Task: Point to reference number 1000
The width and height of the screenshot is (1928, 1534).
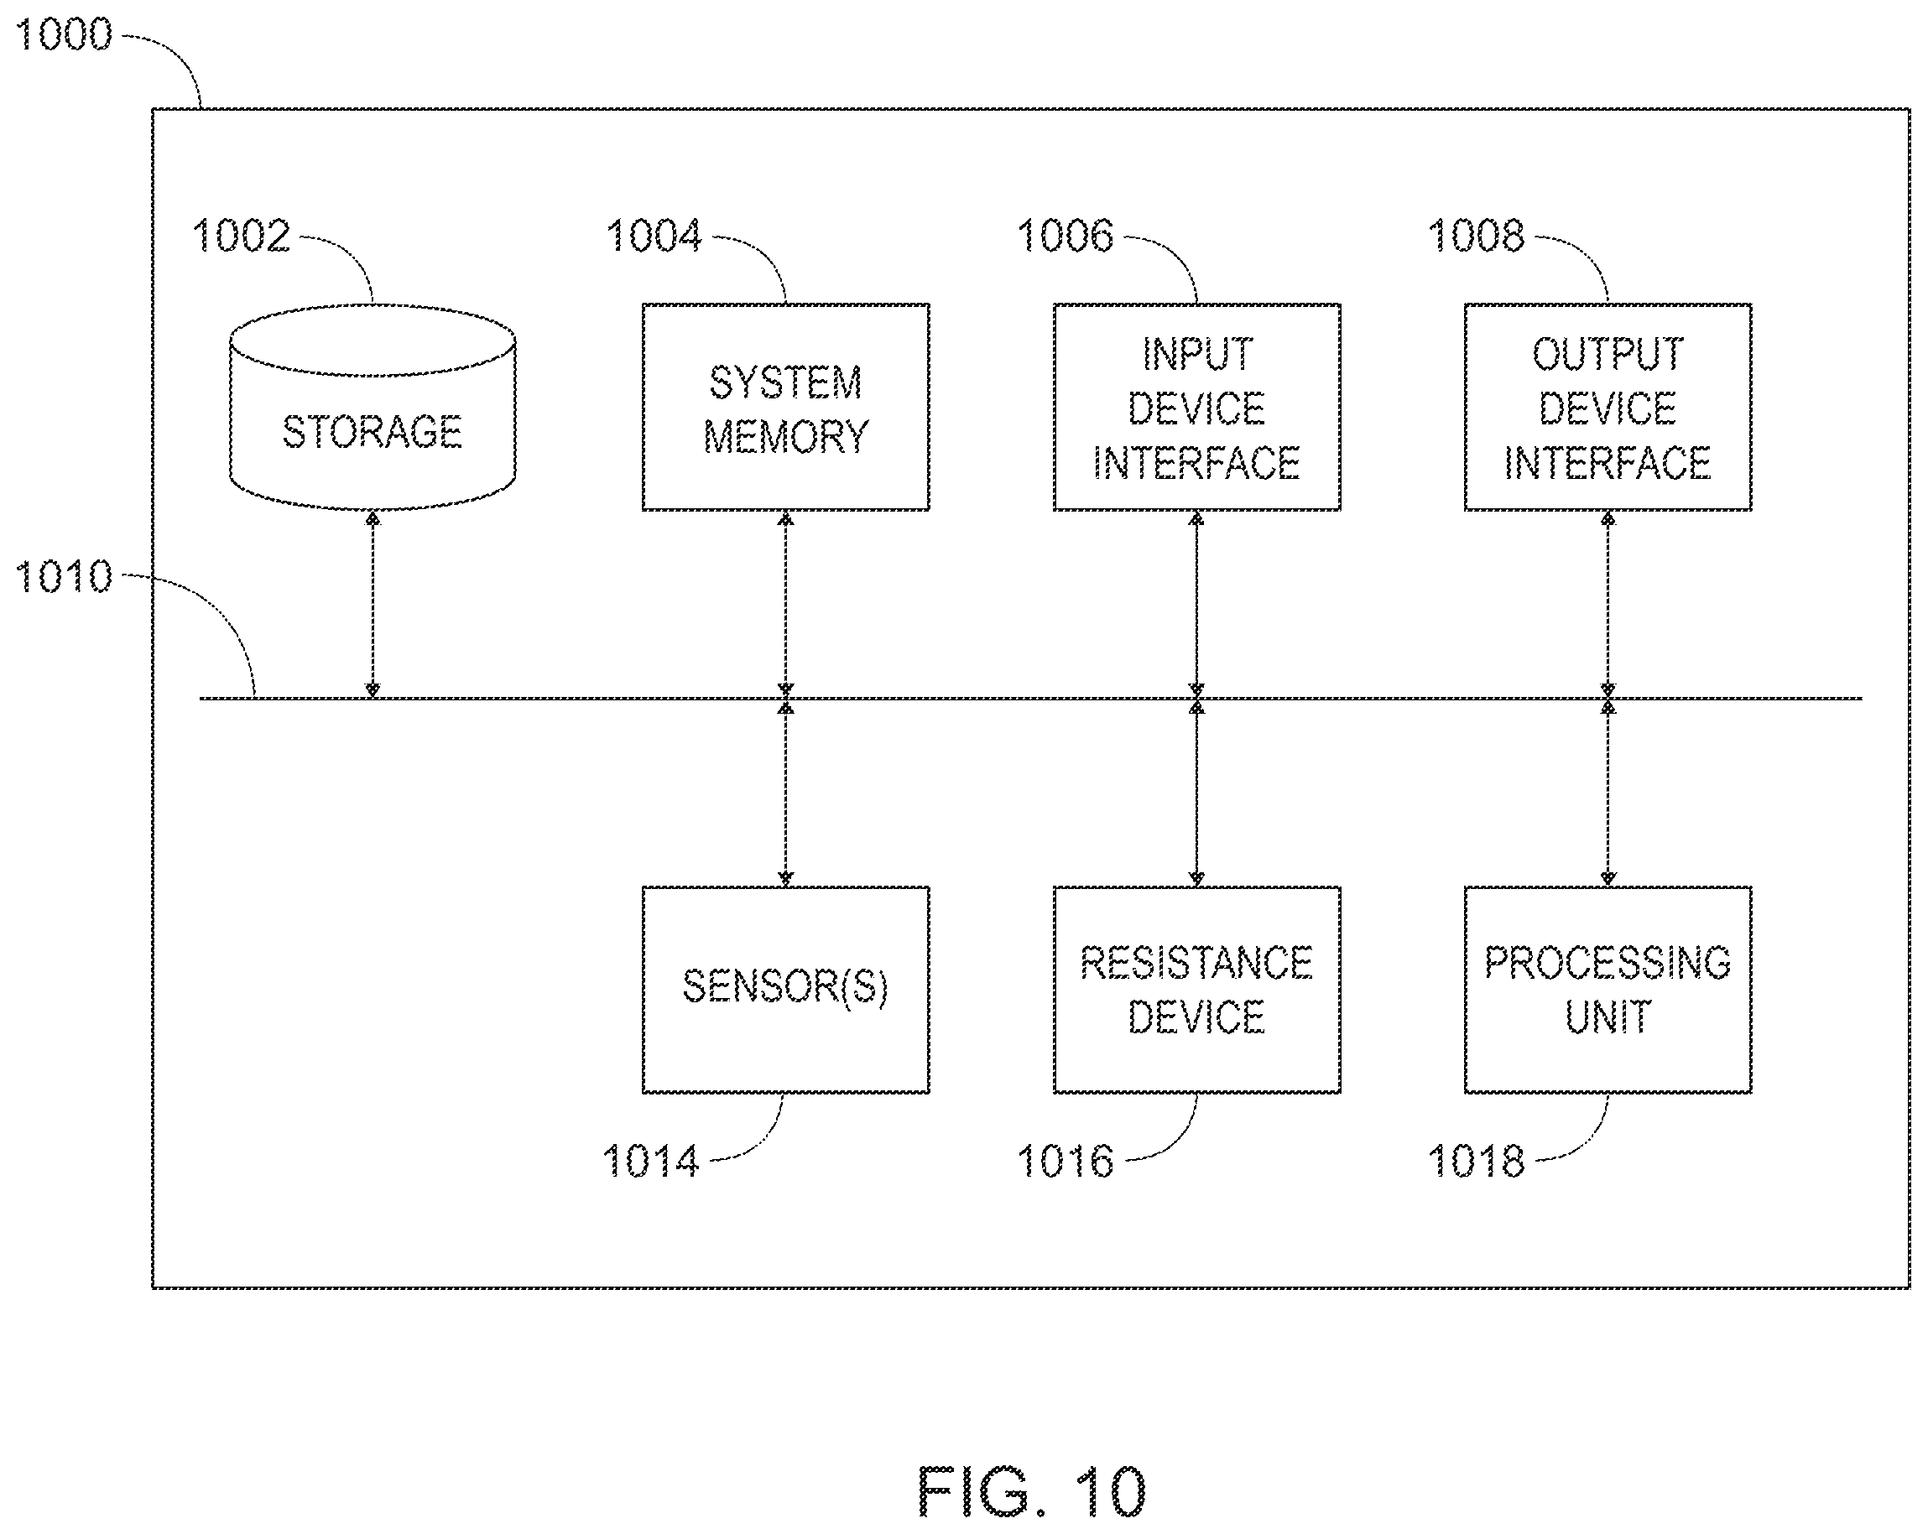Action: click(65, 35)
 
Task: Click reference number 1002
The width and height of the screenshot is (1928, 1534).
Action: click(242, 236)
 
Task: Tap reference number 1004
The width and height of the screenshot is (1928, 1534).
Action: click(654, 236)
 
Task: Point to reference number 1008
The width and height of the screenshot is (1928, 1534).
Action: click(1477, 236)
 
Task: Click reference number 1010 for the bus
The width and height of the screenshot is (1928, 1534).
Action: click(65, 576)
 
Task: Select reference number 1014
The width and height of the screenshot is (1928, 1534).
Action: click(651, 1162)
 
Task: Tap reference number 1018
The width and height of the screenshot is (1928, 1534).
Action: click(1477, 1162)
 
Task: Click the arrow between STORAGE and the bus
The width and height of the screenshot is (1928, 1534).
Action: click(373, 605)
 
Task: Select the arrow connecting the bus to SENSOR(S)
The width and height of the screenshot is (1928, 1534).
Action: click(785, 792)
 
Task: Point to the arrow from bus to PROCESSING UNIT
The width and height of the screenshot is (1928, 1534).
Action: click(1607, 792)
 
